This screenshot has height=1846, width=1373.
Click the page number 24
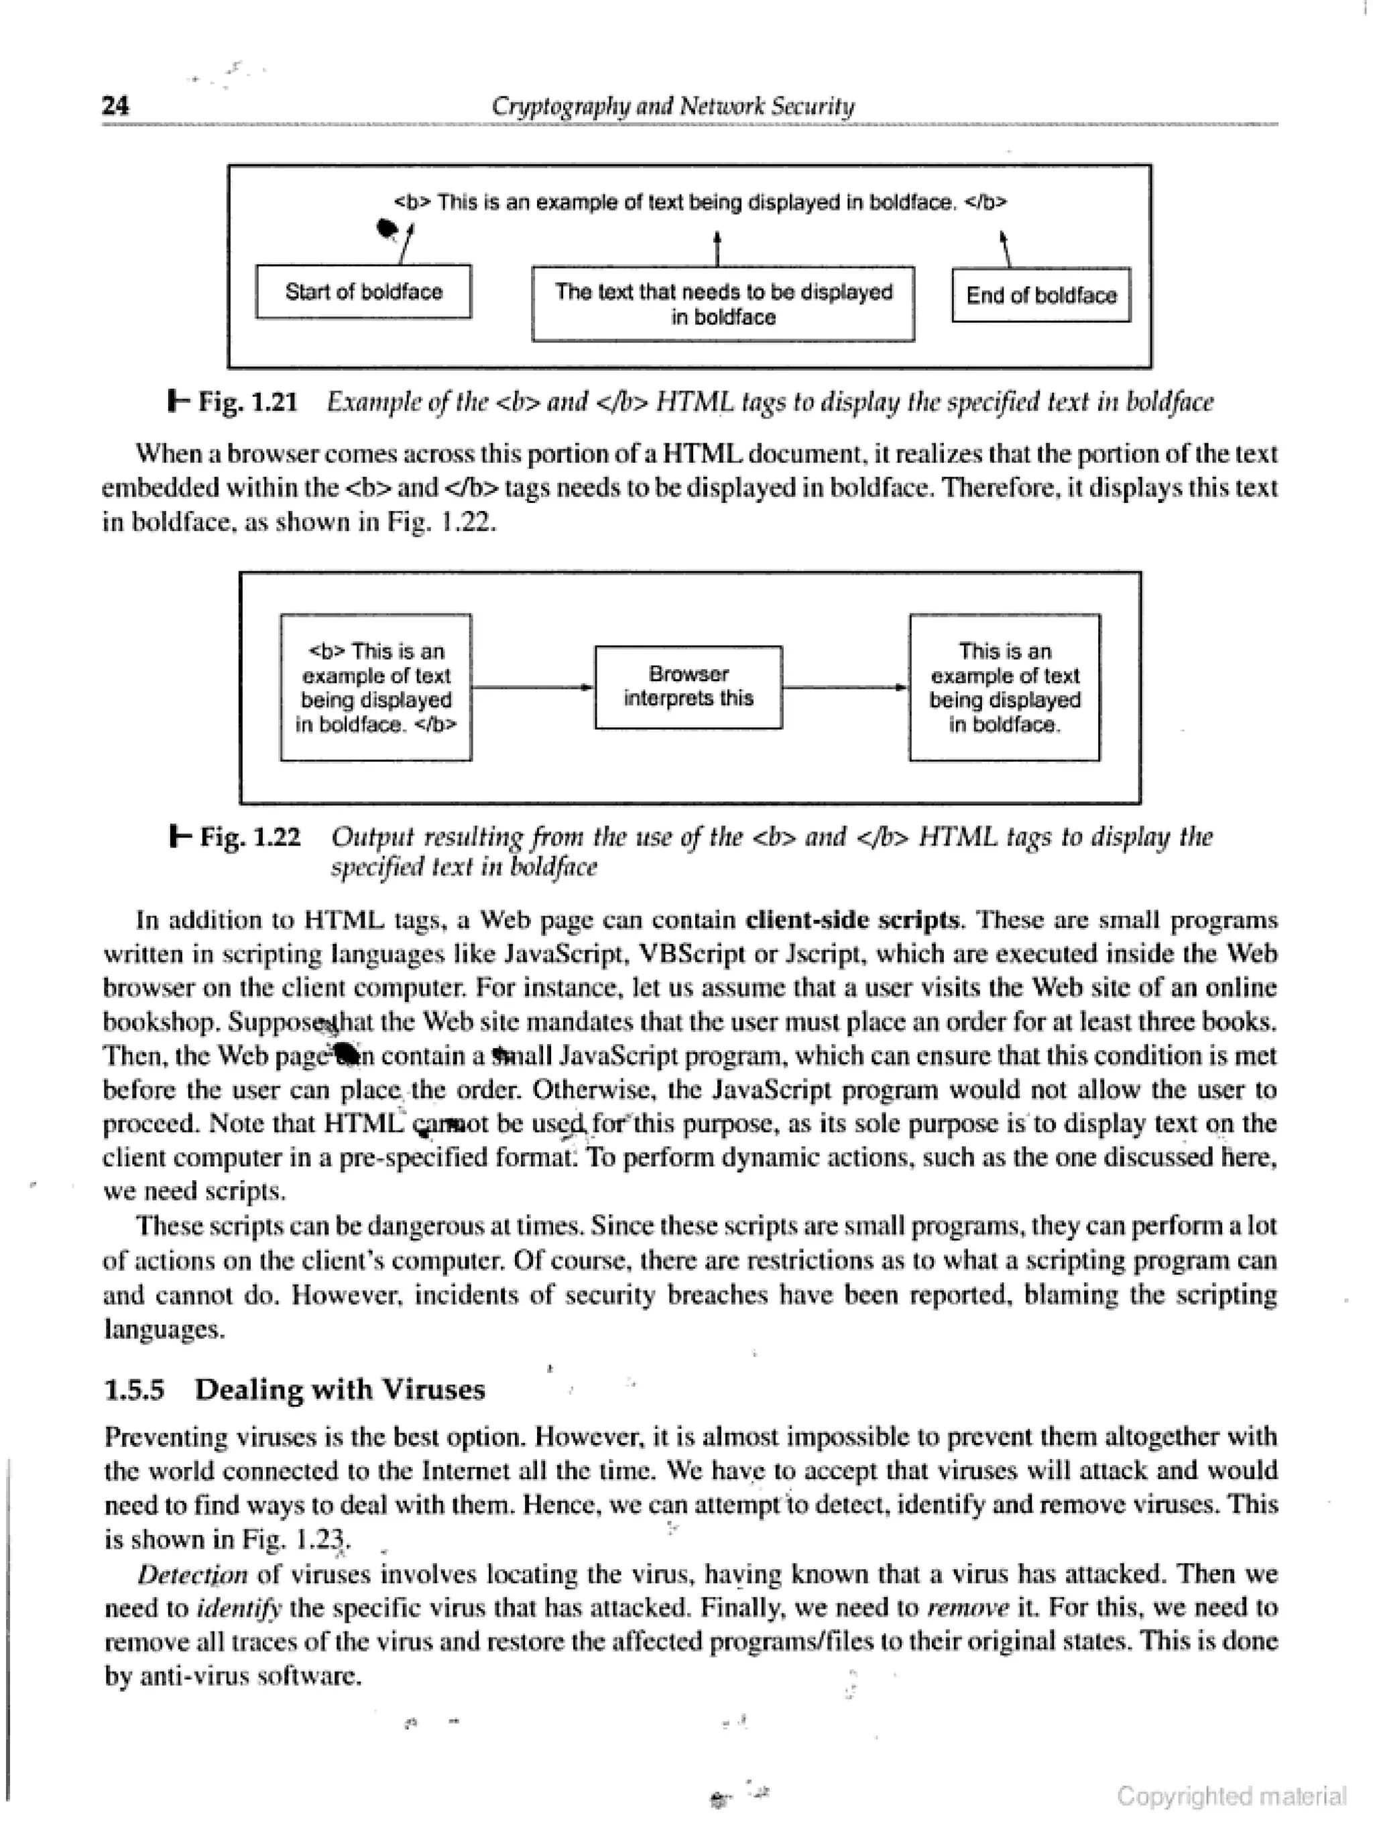pyautogui.click(x=115, y=105)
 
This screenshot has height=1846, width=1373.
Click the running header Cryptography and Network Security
pyautogui.click(x=672, y=105)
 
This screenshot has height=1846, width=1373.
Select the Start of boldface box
pyautogui.click(x=363, y=292)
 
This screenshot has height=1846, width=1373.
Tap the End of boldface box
pyautogui.click(x=1040, y=295)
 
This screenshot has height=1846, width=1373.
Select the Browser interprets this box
pyautogui.click(x=688, y=687)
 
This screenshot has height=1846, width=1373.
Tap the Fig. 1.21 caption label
pyautogui.click(x=247, y=402)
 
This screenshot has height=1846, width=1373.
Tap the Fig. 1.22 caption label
pyautogui.click(x=249, y=836)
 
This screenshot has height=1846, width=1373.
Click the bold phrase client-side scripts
pyautogui.click(x=853, y=920)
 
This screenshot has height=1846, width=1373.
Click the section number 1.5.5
pyautogui.click(x=134, y=1389)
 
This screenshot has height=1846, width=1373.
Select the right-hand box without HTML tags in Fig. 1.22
pyautogui.click(x=1004, y=687)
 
